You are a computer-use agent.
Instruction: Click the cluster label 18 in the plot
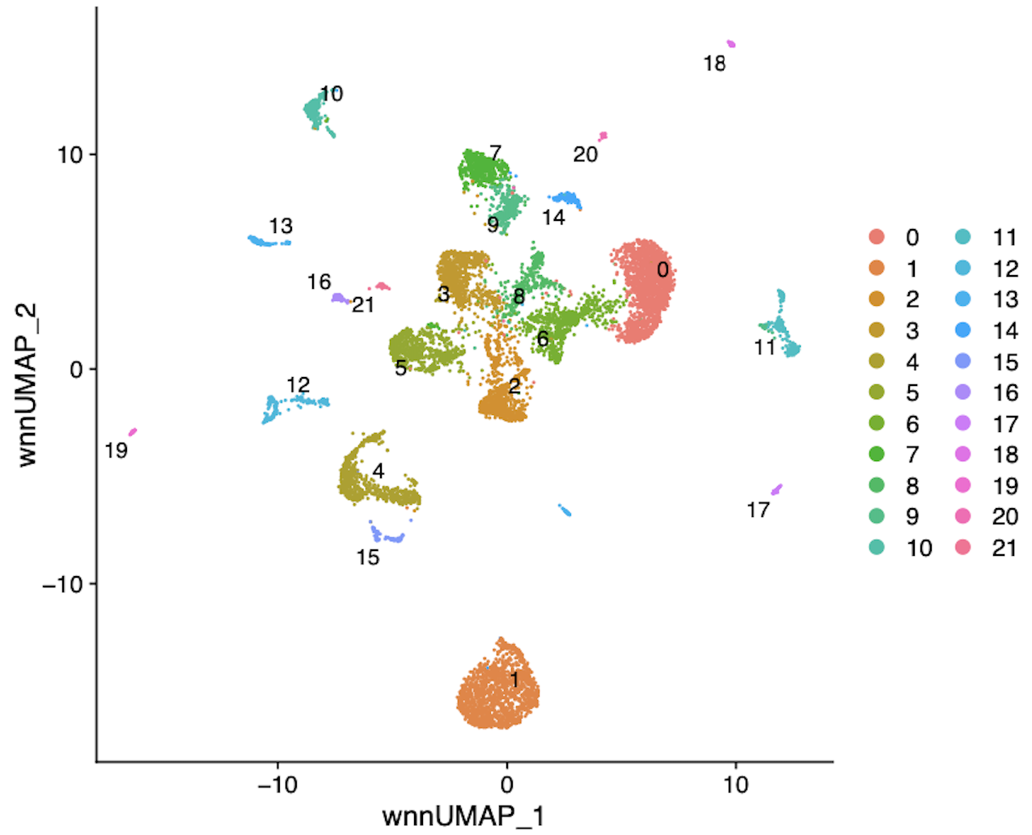click(715, 64)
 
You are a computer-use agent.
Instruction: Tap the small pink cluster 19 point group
click(133, 432)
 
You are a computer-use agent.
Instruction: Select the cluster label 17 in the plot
click(758, 511)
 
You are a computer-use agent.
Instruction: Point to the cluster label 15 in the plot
click(368, 557)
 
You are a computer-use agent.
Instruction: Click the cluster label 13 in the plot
click(281, 227)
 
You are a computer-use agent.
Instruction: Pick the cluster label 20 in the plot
click(586, 155)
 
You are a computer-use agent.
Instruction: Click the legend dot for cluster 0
click(876, 237)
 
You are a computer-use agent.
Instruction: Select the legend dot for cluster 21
click(963, 548)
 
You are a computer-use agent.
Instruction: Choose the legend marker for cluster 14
click(963, 330)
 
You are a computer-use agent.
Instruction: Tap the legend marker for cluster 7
click(876, 455)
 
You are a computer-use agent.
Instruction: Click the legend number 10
click(920, 549)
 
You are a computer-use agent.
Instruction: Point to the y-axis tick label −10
click(64, 584)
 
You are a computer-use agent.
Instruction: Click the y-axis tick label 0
click(76, 370)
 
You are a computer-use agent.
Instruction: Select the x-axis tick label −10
click(277, 785)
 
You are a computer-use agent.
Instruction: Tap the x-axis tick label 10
click(736, 785)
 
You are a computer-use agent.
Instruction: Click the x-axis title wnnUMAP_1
click(463, 816)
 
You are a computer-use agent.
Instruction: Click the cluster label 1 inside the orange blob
click(514, 680)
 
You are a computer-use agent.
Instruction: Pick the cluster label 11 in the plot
click(765, 348)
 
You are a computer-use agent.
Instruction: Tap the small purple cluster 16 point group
click(340, 299)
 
